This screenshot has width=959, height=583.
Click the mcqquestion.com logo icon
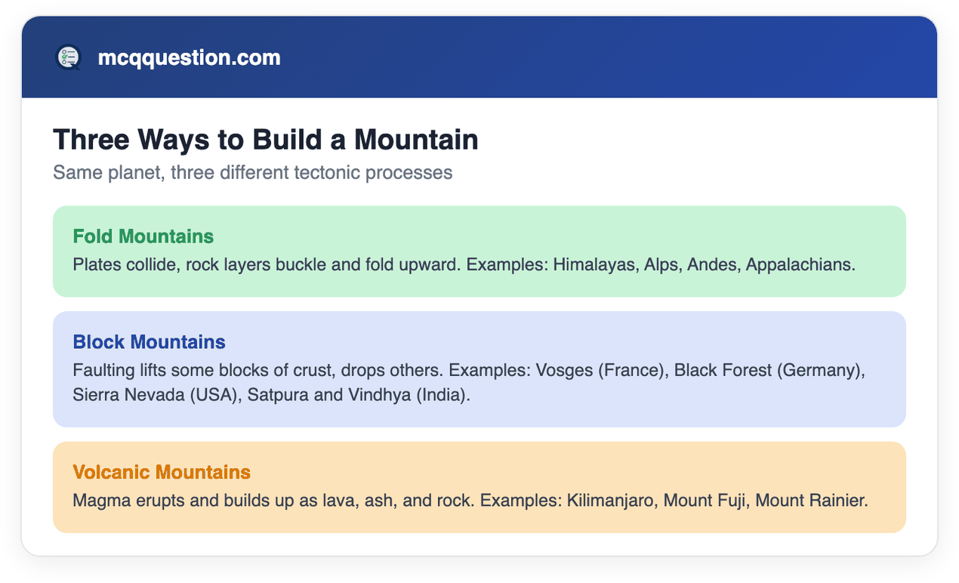pos(69,57)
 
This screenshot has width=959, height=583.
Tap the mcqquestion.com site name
pos(190,57)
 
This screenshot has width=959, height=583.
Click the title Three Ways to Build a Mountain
pos(266,140)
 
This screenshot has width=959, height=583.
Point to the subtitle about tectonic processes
pos(253,172)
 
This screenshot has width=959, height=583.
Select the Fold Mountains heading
pos(143,236)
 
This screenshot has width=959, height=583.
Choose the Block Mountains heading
pos(149,342)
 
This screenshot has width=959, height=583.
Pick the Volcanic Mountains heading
pos(162,472)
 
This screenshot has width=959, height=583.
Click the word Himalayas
pos(594,265)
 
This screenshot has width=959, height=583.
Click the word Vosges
pos(564,371)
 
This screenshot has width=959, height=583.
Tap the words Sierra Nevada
pos(128,395)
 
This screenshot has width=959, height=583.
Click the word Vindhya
pos(379,395)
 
